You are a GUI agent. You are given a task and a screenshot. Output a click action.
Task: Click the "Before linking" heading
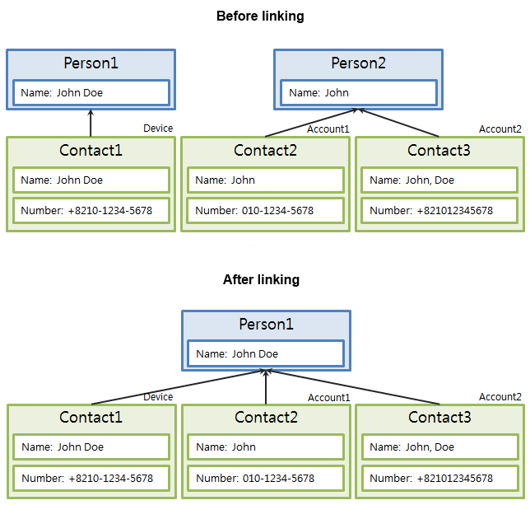(260, 16)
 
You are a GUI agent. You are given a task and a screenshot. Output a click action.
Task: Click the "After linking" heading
(261, 280)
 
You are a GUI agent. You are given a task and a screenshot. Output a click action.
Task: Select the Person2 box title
(358, 63)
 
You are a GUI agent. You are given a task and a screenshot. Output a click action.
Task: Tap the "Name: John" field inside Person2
(358, 93)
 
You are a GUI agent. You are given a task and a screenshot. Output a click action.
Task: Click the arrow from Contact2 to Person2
(313, 123)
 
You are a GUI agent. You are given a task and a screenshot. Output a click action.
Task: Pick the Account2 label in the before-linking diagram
(500, 129)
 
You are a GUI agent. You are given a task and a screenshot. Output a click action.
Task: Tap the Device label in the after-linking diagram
(158, 397)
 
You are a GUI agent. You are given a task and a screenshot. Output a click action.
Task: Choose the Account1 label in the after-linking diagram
(329, 398)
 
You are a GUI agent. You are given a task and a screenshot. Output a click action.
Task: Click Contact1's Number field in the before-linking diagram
(91, 210)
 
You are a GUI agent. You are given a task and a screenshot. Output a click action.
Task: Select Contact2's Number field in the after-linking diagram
(266, 478)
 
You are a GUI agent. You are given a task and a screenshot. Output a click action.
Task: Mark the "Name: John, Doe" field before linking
(439, 180)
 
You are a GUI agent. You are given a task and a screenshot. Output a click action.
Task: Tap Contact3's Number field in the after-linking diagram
(440, 478)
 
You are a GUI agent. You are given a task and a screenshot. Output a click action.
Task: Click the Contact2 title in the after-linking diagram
(266, 418)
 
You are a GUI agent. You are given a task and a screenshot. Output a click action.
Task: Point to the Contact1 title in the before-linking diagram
(91, 150)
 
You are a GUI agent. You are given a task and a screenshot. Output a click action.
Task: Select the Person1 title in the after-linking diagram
(266, 325)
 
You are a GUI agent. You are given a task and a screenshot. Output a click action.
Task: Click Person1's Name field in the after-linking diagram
(266, 354)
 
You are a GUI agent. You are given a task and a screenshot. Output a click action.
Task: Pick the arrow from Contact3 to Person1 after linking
(354, 386)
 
